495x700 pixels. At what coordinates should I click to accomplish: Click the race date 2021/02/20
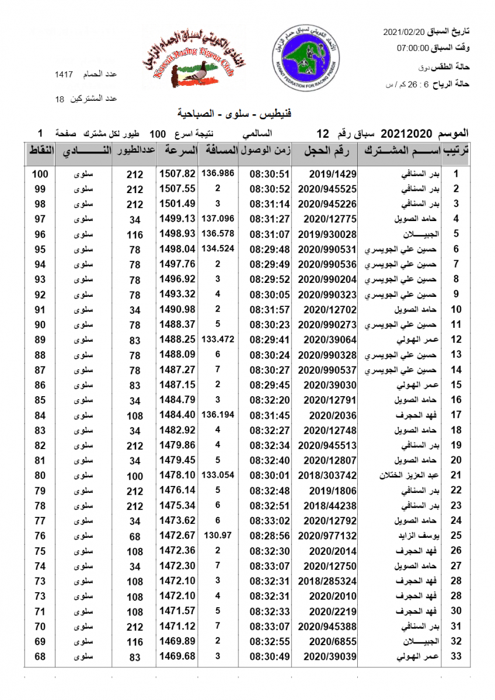(x=405, y=32)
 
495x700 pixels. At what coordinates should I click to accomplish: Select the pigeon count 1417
(x=64, y=75)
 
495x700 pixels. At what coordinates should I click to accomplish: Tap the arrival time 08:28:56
(x=270, y=535)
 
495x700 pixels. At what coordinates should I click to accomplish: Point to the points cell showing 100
(x=40, y=174)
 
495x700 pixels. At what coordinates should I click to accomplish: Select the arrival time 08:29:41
(x=270, y=339)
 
